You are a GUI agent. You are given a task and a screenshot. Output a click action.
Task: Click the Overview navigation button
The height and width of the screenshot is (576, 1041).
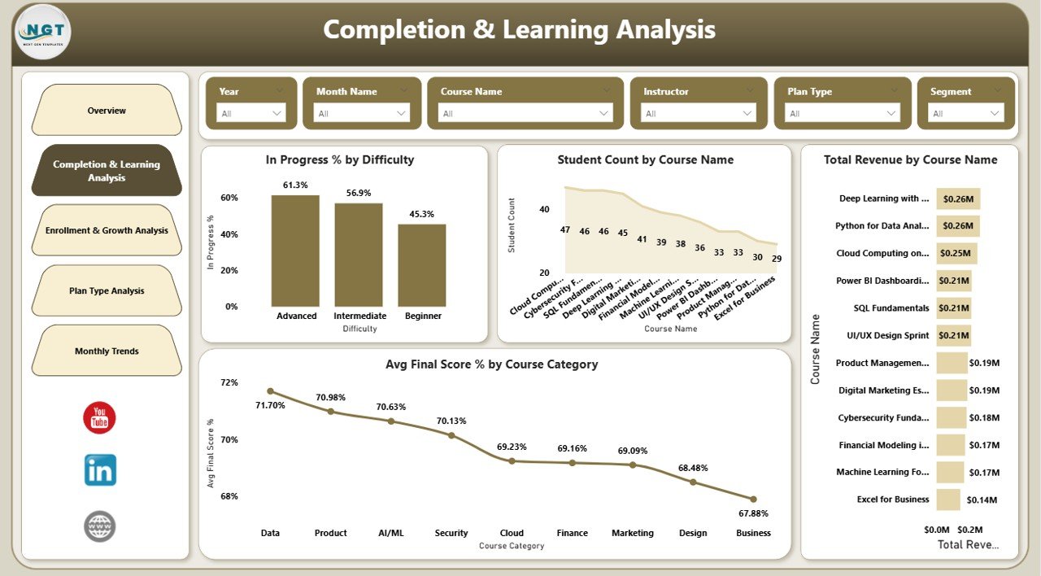click(107, 111)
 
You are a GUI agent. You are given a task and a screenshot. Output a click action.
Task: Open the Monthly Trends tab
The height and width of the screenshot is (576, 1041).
click(107, 351)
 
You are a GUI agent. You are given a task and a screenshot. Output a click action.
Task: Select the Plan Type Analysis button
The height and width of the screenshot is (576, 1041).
click(107, 290)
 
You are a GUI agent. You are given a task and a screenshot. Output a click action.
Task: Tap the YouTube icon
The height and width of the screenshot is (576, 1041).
click(99, 418)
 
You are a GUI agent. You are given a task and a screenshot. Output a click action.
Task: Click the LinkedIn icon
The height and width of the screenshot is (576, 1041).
click(100, 470)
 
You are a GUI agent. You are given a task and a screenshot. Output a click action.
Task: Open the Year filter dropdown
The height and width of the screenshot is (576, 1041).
click(251, 113)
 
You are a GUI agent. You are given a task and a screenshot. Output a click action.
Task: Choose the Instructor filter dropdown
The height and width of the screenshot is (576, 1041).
click(698, 113)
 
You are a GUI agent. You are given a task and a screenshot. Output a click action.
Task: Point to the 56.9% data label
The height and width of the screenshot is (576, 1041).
click(359, 194)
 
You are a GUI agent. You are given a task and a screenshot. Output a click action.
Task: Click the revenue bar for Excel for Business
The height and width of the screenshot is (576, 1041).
click(948, 500)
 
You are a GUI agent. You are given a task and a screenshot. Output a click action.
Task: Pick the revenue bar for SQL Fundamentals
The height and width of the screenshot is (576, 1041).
click(953, 308)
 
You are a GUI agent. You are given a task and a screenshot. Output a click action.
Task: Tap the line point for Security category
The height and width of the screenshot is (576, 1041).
click(451, 435)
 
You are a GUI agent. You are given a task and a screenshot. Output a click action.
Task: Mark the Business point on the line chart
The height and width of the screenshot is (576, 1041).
click(753, 499)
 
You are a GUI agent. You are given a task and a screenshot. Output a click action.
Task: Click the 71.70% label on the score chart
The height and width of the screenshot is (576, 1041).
click(270, 405)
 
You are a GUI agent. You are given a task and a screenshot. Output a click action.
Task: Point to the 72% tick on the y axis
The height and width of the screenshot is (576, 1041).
click(229, 382)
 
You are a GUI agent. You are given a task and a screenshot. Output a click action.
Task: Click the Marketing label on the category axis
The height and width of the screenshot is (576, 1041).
click(633, 533)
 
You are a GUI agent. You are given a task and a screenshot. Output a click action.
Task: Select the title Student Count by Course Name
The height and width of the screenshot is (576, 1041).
click(645, 160)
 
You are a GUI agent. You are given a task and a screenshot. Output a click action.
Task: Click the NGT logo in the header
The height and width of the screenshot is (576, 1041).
click(43, 32)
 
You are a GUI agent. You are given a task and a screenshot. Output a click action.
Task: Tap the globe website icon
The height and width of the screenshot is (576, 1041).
click(100, 526)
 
